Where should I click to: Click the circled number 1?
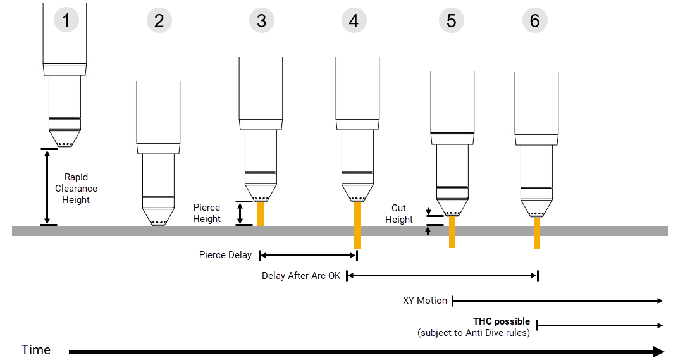click(x=66, y=20)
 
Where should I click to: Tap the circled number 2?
click(x=159, y=21)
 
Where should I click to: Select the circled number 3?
click(x=262, y=21)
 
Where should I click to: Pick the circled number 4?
click(x=354, y=21)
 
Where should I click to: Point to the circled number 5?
click(x=451, y=21)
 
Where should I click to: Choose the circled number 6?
click(x=535, y=21)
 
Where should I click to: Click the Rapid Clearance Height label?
click(x=76, y=189)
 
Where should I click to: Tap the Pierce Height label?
click(x=207, y=213)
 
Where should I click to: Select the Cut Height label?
click(x=398, y=214)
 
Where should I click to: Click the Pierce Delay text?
click(x=225, y=255)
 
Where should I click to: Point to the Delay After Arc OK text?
click(x=301, y=276)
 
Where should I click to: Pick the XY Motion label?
click(x=425, y=301)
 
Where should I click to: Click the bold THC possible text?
click(x=502, y=321)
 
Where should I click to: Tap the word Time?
click(x=35, y=350)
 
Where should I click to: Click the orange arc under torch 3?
click(x=260, y=213)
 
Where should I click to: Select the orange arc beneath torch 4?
click(x=357, y=225)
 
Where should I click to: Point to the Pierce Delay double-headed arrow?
click(x=309, y=256)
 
